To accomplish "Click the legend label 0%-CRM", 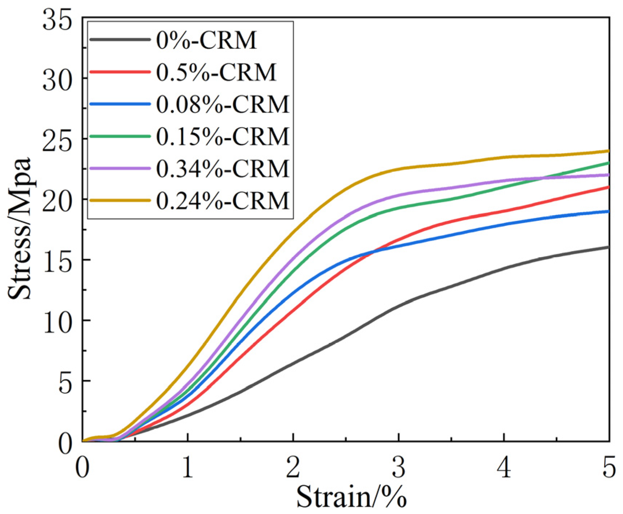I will (x=206, y=40).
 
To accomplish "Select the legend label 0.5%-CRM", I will (x=216, y=72).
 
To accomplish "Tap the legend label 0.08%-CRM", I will (x=222, y=104).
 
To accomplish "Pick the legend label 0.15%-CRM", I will (x=222, y=137).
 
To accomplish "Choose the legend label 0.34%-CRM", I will (x=222, y=168).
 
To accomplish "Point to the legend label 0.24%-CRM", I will (x=222, y=201).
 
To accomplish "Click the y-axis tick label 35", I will (x=57, y=20).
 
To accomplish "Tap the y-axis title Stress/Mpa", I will (x=20, y=228).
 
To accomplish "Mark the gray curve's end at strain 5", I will (x=609, y=247).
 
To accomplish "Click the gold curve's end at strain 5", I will (x=609, y=151).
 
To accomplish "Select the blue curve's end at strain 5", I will (x=609, y=211).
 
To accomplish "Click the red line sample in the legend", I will (x=120, y=72).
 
